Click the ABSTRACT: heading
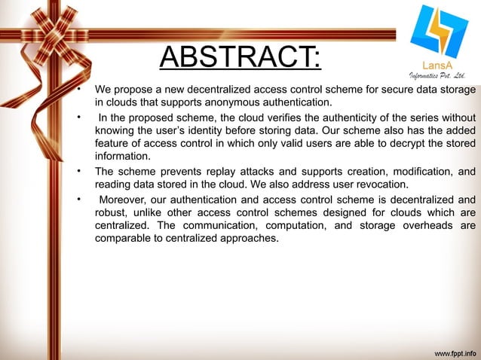(x=240, y=56)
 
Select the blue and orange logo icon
(x=437, y=33)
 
